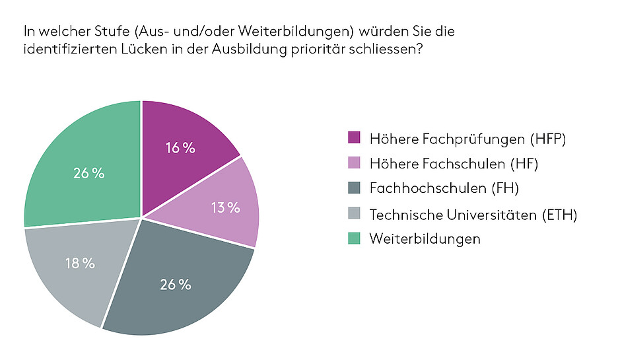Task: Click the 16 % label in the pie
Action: pos(180,148)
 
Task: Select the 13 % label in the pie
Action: pos(225,207)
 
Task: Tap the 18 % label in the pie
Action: pos(81,263)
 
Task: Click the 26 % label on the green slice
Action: pos(89,173)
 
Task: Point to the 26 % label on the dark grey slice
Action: pos(175,285)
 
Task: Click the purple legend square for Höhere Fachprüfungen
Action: pos(354,138)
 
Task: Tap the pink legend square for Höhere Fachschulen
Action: pos(354,164)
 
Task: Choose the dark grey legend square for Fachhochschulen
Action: pos(354,189)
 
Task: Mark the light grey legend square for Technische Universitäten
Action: pos(354,214)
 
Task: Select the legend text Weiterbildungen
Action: pos(425,238)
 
